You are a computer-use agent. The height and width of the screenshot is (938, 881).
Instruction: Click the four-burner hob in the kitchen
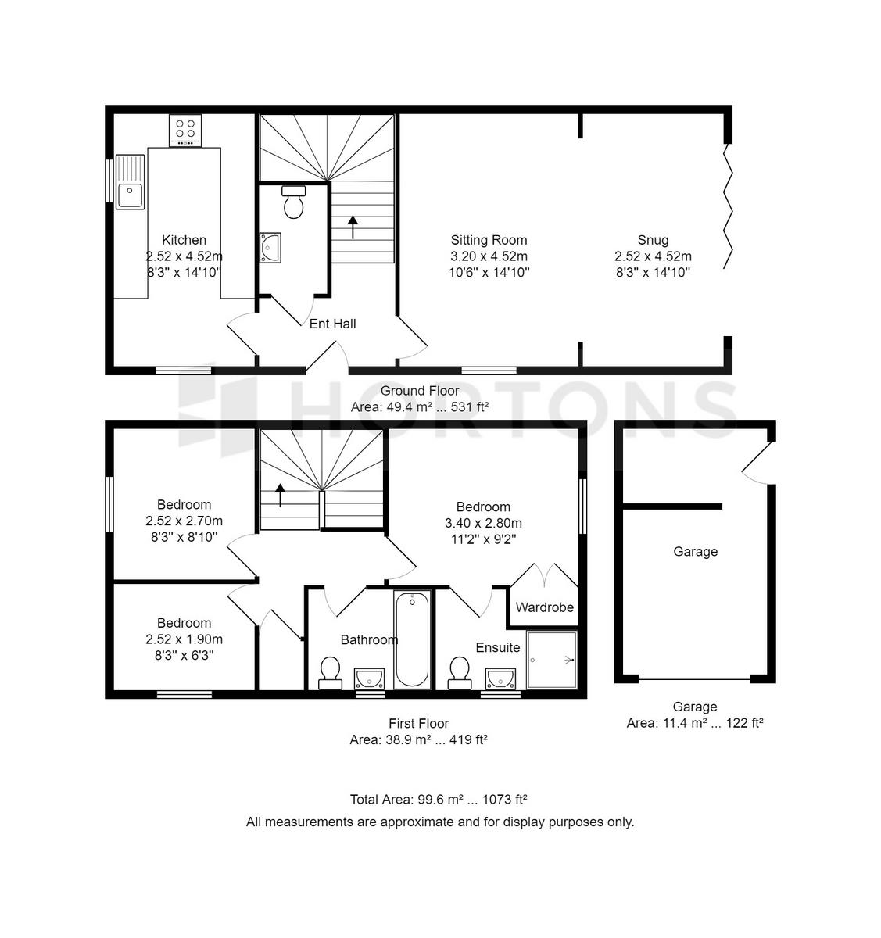[x=185, y=131]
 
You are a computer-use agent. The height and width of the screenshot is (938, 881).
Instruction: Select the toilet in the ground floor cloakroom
[x=293, y=202]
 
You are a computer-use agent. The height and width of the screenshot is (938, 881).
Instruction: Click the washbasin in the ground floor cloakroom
[x=270, y=248]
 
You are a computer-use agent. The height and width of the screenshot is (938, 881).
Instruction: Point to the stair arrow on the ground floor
[x=353, y=227]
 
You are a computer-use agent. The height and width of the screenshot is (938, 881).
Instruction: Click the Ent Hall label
[x=332, y=324]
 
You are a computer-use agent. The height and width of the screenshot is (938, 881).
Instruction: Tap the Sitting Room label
[x=489, y=240]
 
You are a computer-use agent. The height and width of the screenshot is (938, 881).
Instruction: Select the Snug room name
[x=653, y=241]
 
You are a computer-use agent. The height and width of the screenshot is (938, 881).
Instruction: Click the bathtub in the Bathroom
[x=413, y=639]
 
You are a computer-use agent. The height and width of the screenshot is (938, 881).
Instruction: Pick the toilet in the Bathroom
[x=330, y=673]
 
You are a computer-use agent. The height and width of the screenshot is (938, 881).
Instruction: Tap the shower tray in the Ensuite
[x=552, y=660]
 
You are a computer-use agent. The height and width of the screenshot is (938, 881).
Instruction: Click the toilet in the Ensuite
[x=459, y=673]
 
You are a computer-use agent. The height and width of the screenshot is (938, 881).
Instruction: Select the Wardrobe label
[x=544, y=607]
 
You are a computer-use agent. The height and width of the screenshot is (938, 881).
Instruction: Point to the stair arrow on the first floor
[x=280, y=496]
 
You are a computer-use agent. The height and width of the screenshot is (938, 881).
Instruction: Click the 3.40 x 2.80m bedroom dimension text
[x=483, y=523]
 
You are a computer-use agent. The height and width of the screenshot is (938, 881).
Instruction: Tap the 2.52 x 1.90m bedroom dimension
[x=184, y=639]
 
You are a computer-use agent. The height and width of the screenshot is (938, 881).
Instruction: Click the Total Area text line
[x=438, y=800]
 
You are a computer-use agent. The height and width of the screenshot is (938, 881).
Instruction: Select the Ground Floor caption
[x=420, y=391]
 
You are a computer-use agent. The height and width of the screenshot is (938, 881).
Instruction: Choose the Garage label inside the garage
[x=695, y=552]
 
